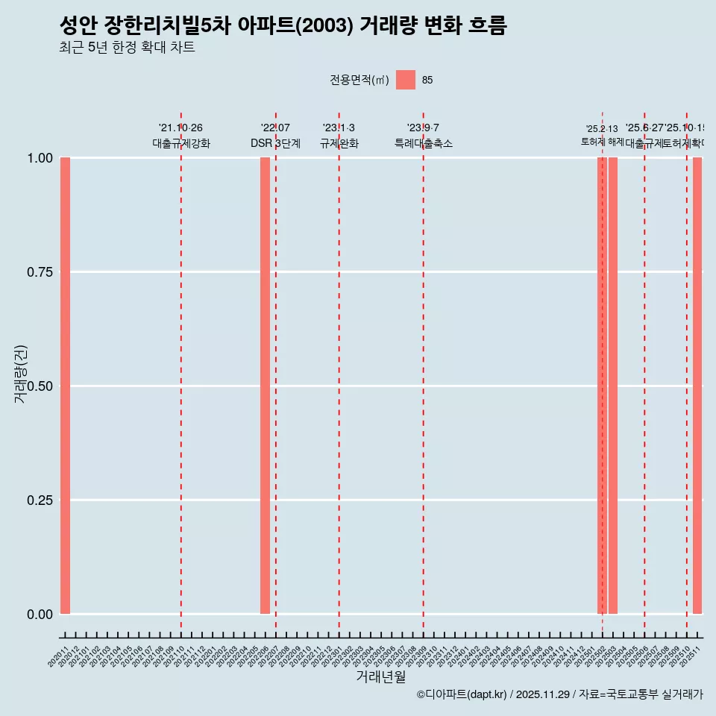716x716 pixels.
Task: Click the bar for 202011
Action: click(65, 386)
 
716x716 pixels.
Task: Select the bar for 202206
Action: click(265, 386)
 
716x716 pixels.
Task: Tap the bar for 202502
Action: click(602, 386)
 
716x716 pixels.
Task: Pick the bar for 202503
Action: click(613, 386)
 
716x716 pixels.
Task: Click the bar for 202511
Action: click(697, 386)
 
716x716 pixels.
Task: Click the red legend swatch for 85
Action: click(405, 80)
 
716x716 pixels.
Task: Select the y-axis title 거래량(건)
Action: click(20, 374)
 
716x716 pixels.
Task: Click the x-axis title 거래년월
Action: click(380, 677)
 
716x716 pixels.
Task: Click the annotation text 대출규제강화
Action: click(181, 143)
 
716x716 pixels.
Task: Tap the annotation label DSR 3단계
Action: click(275, 143)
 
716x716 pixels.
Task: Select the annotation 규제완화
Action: click(339, 143)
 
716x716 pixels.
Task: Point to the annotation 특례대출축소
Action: click(424, 143)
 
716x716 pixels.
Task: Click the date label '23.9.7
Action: click(423, 128)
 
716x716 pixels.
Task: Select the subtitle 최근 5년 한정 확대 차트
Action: click(127, 48)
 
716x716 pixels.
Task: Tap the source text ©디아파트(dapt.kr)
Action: click(462, 694)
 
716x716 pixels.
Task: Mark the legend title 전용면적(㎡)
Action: click(359, 81)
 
